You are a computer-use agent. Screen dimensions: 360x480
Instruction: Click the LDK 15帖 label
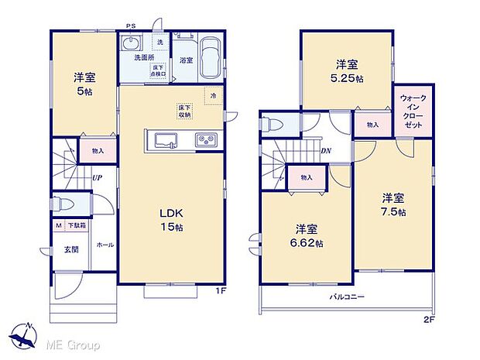pyautogui.click(x=171, y=221)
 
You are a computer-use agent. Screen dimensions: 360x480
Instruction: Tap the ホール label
pyautogui.click(x=105, y=245)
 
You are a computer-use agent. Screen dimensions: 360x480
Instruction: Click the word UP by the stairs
pyautogui.click(x=97, y=178)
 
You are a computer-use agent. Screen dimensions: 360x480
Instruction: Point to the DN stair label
pyautogui.click(x=327, y=152)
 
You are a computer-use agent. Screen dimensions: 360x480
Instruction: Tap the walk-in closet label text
pyautogui.click(x=412, y=111)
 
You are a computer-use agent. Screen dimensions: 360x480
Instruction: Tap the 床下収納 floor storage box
pyautogui.click(x=184, y=111)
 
